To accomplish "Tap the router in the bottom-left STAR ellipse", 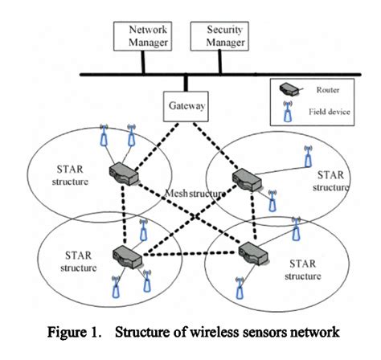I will click(x=126, y=256).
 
